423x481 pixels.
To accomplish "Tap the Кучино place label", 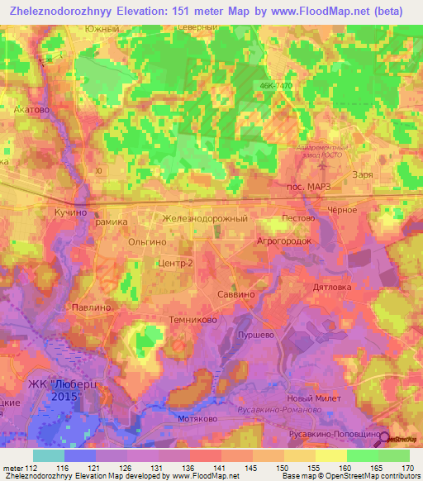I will point(71,212).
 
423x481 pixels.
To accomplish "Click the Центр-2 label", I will point(174,263).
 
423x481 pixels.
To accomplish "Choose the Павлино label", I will point(92,307).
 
